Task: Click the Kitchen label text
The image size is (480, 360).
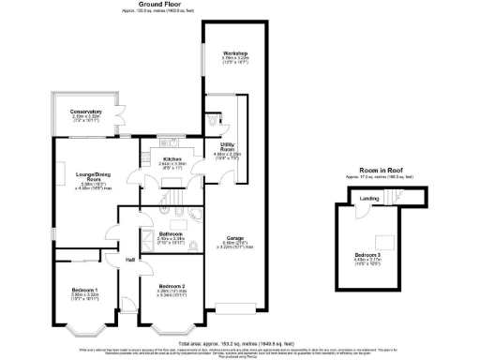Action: (172, 159)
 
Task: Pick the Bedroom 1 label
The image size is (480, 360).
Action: (85, 291)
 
